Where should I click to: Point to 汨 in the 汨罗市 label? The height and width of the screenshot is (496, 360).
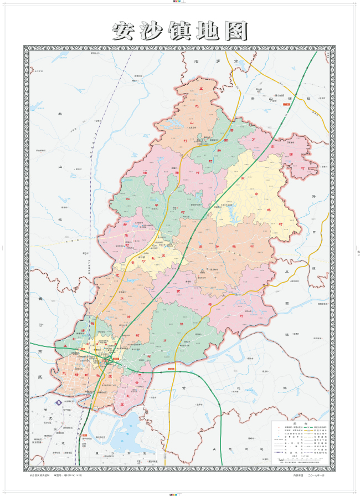coord(196,61)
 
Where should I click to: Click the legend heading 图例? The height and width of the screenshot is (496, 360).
coord(302,422)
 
